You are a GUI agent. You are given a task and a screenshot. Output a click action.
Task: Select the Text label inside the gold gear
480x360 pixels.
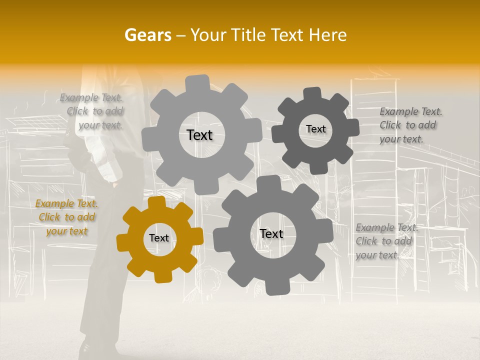tap(159, 238)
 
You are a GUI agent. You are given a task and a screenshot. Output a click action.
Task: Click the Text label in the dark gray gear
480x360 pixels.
tap(315, 129)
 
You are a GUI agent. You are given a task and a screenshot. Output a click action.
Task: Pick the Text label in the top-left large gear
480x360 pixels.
tap(199, 135)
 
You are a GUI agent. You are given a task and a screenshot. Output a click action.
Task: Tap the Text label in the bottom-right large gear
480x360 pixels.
tap(271, 233)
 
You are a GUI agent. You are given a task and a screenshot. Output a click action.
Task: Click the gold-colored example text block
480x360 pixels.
tap(66, 217)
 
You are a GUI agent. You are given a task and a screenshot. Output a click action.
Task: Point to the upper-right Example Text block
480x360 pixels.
tap(410, 125)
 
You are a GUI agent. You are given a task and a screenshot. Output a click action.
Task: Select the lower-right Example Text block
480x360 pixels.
tap(386, 241)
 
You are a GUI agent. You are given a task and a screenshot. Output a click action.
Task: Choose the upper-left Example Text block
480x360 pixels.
tap(93, 111)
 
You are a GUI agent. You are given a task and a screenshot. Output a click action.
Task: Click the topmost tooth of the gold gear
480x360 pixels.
tap(157, 202)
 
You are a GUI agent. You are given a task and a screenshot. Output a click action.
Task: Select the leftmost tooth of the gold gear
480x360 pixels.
tap(123, 241)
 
